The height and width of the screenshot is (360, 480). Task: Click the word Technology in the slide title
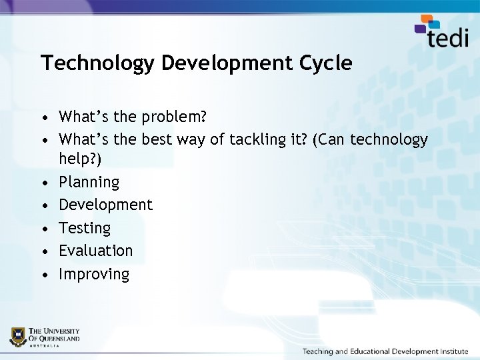point(97,63)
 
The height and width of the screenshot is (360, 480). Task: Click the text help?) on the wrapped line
point(79,159)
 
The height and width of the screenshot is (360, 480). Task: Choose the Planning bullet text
point(89,182)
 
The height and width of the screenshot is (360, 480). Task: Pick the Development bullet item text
point(105,205)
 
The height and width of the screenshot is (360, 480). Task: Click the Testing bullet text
point(85,228)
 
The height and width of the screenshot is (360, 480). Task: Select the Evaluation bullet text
point(96,251)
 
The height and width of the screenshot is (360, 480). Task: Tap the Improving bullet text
point(94,274)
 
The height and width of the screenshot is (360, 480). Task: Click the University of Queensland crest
point(17,336)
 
